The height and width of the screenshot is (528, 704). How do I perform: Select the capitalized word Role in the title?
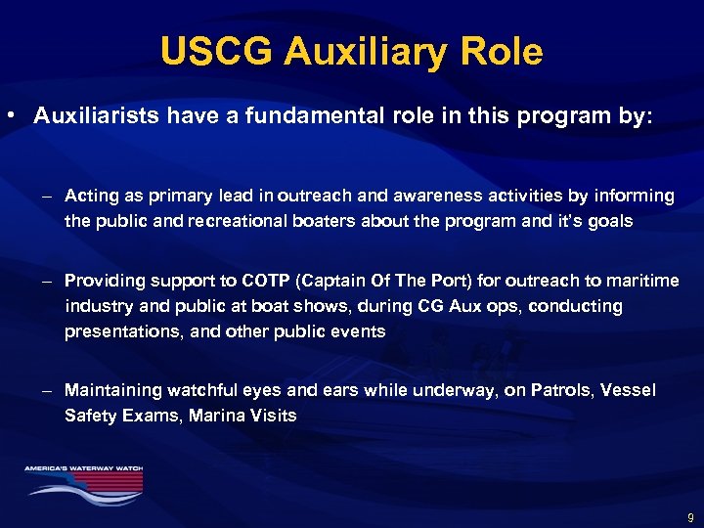click(x=501, y=51)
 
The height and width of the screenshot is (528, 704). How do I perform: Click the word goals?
click(x=609, y=221)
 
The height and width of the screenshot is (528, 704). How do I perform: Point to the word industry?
click(x=95, y=306)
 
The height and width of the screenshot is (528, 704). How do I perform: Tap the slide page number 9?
click(x=691, y=517)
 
